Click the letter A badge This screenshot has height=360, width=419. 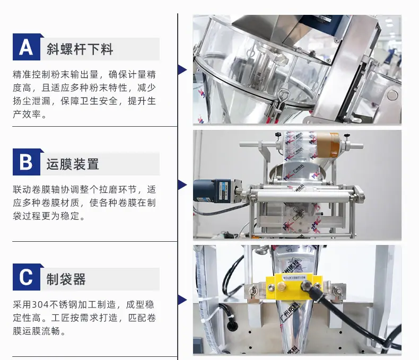[27, 47]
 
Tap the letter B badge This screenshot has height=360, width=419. [27, 162]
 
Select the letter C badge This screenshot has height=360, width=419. [27, 277]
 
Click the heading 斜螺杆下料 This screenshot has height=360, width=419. [80, 49]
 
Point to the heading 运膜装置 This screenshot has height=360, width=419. [73, 164]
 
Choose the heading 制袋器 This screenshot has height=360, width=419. [66, 279]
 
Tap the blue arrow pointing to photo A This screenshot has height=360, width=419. [182, 69]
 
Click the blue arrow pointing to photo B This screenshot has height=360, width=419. [182, 185]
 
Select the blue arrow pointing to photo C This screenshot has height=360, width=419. [182, 300]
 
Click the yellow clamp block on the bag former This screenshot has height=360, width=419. [294, 287]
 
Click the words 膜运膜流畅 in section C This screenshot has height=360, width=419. [37, 331]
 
